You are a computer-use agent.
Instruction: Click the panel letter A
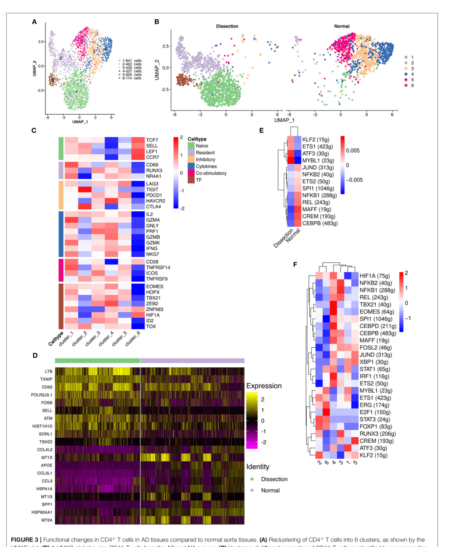coord(35,22)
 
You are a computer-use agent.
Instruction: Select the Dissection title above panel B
coord(227,26)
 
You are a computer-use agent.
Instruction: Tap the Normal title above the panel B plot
coord(342,26)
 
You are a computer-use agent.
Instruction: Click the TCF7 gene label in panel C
coord(152,140)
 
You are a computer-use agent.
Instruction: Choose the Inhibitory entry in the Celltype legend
coord(205,160)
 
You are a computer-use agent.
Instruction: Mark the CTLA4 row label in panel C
coord(153,207)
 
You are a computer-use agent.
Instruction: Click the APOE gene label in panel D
coord(47,465)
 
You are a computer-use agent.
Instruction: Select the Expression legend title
coord(264,386)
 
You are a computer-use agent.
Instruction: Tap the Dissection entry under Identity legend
coord(274,479)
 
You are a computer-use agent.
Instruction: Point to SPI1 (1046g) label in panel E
coord(318,188)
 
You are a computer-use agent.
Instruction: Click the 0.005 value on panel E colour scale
coord(352,151)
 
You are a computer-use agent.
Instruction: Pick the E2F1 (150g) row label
coord(375,412)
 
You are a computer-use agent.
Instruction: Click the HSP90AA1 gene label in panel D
coord(42,512)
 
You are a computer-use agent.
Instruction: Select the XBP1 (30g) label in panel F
coord(374,362)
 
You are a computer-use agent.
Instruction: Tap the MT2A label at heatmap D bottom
coord(47,520)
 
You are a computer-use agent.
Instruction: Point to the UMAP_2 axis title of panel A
coord(35,68)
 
